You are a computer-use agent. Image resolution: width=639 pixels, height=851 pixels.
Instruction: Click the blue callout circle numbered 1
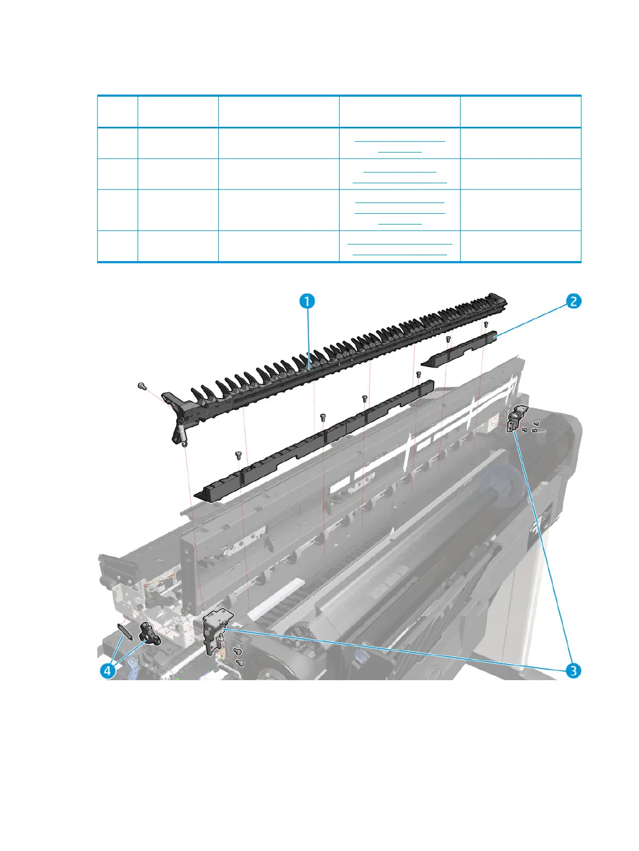coord(306,301)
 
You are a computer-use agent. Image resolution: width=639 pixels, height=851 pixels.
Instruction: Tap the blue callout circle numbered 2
coord(573,301)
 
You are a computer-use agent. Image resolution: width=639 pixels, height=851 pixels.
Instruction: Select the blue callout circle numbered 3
coord(573,670)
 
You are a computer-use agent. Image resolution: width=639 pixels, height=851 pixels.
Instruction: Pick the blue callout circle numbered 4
coord(109,670)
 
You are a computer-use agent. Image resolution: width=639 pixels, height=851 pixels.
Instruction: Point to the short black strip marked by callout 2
coord(462,349)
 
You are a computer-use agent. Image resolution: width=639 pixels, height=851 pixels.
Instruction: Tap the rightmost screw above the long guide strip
coord(419,374)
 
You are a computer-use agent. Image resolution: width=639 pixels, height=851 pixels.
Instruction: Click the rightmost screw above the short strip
coord(486,324)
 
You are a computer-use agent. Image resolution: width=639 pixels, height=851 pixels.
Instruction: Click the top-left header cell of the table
coord(117,112)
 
